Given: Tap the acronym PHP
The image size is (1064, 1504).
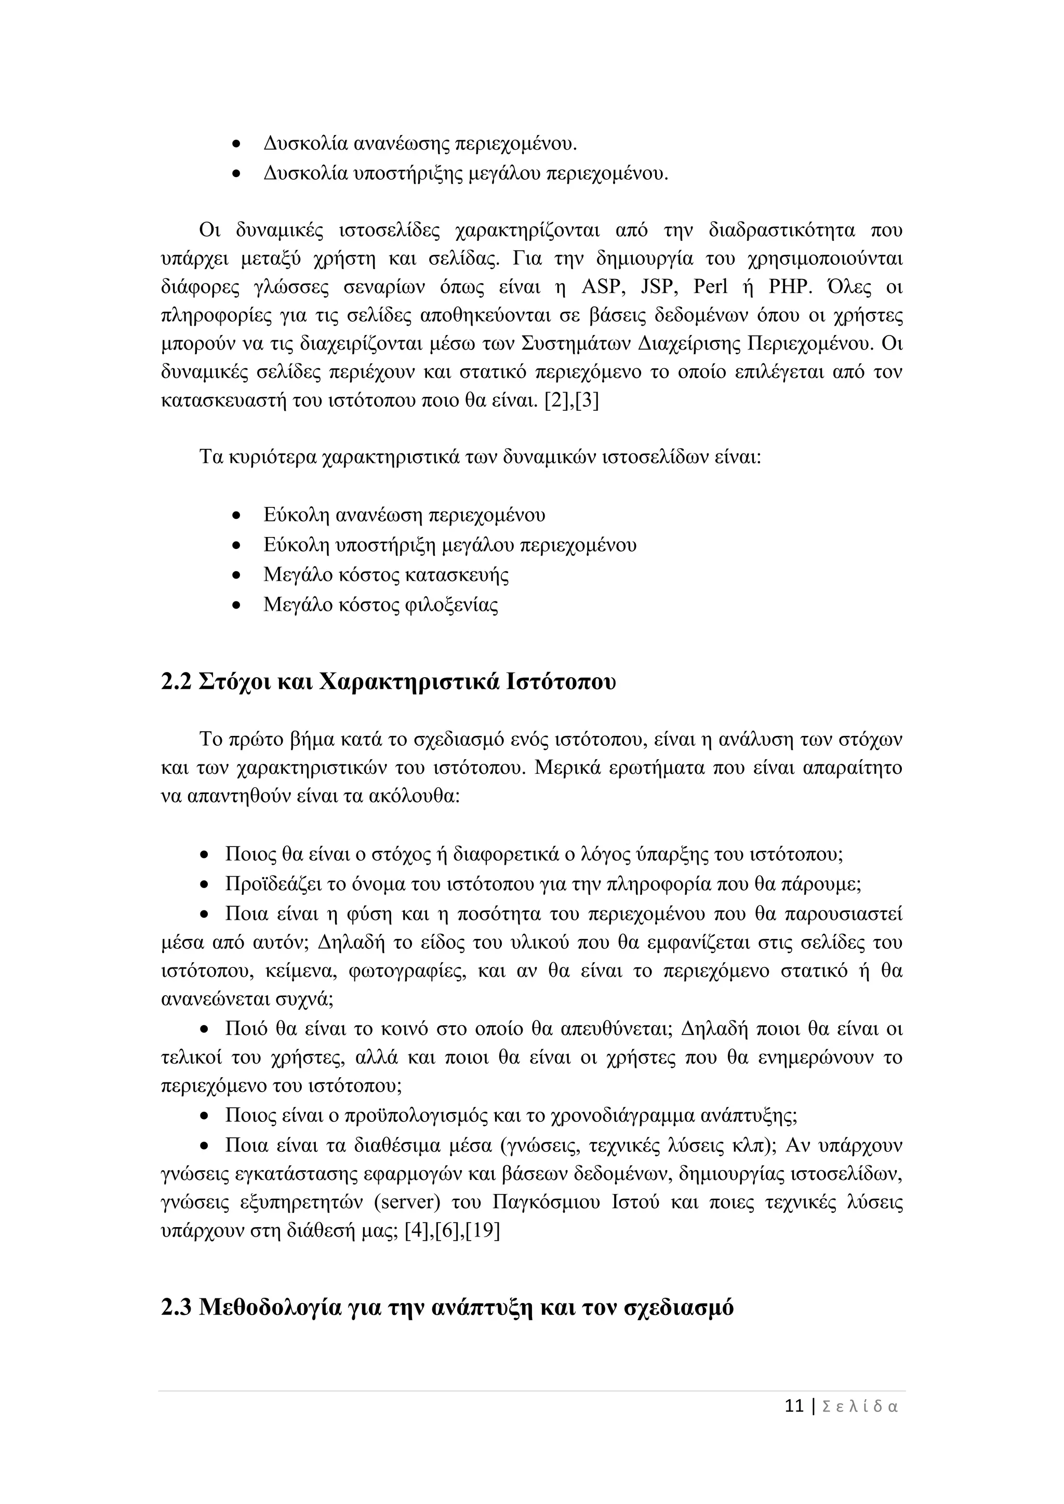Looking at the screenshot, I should [x=790, y=287].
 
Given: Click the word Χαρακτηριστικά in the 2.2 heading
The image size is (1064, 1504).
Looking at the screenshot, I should [x=410, y=682].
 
